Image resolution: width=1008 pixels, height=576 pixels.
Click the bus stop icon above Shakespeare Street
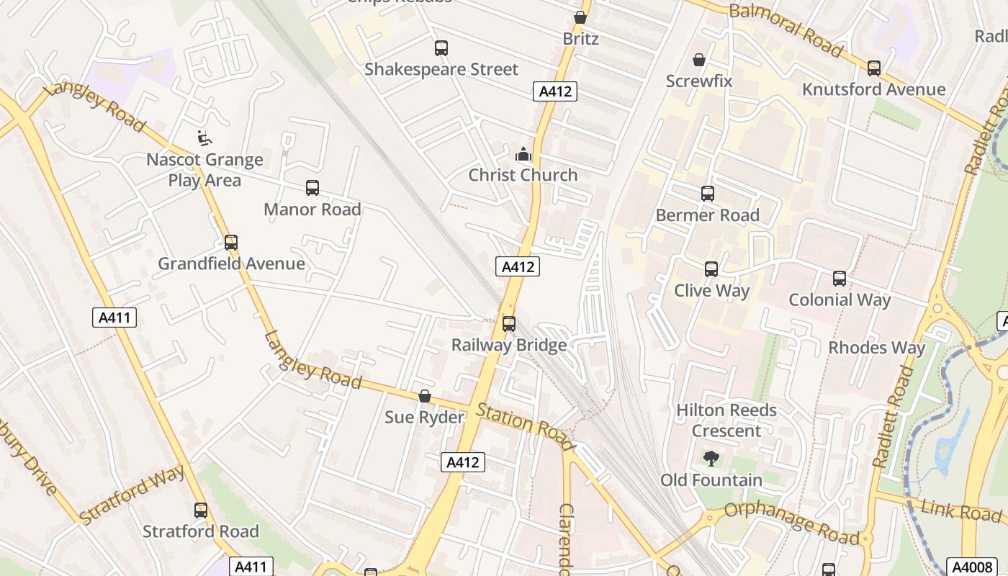coord(441,48)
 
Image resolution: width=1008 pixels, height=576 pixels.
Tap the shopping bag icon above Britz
coord(580,17)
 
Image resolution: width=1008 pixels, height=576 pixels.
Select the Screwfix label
coord(698,81)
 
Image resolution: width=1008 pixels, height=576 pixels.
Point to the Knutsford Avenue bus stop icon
coord(874,68)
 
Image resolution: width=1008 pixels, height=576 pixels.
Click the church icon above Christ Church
coord(523,154)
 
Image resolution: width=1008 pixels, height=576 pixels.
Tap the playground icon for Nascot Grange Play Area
coord(204,138)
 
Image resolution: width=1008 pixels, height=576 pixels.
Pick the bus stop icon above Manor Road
coord(312,188)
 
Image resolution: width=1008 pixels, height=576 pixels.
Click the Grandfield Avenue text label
coord(231,264)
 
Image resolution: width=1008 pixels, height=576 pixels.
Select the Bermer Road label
coord(707,215)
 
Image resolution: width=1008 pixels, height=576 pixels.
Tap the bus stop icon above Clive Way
coord(711,269)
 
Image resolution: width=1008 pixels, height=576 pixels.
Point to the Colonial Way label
coord(840,300)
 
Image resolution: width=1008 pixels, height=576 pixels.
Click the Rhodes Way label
coord(876,348)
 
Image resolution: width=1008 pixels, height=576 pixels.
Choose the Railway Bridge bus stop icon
coord(509,324)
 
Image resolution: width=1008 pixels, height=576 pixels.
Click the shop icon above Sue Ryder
coord(425,397)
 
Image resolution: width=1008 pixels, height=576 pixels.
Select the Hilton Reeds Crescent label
coord(726,420)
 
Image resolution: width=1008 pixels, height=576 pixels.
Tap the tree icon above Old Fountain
coord(711,459)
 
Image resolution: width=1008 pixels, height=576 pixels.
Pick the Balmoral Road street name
coord(786,30)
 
